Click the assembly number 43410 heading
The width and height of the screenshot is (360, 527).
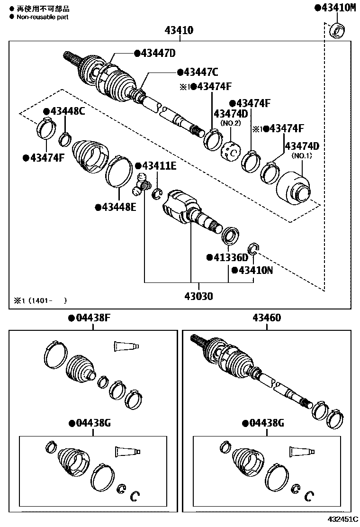point(179,31)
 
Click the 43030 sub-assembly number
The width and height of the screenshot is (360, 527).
point(198,297)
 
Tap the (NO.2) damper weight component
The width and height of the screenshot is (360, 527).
point(231,151)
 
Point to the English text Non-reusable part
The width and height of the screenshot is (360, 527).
point(42,17)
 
